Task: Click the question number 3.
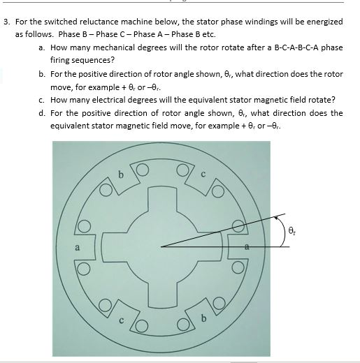pyautogui.click(x=6, y=22)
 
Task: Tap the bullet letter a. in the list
pyautogui.click(x=43, y=47)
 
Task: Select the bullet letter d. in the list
pyautogui.click(x=43, y=112)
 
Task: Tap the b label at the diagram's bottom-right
pyautogui.click(x=203, y=320)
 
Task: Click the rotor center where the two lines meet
pyautogui.click(x=161, y=246)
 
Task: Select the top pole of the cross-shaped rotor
pyautogui.click(x=161, y=198)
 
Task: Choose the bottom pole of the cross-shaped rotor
pyautogui.click(x=161, y=293)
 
